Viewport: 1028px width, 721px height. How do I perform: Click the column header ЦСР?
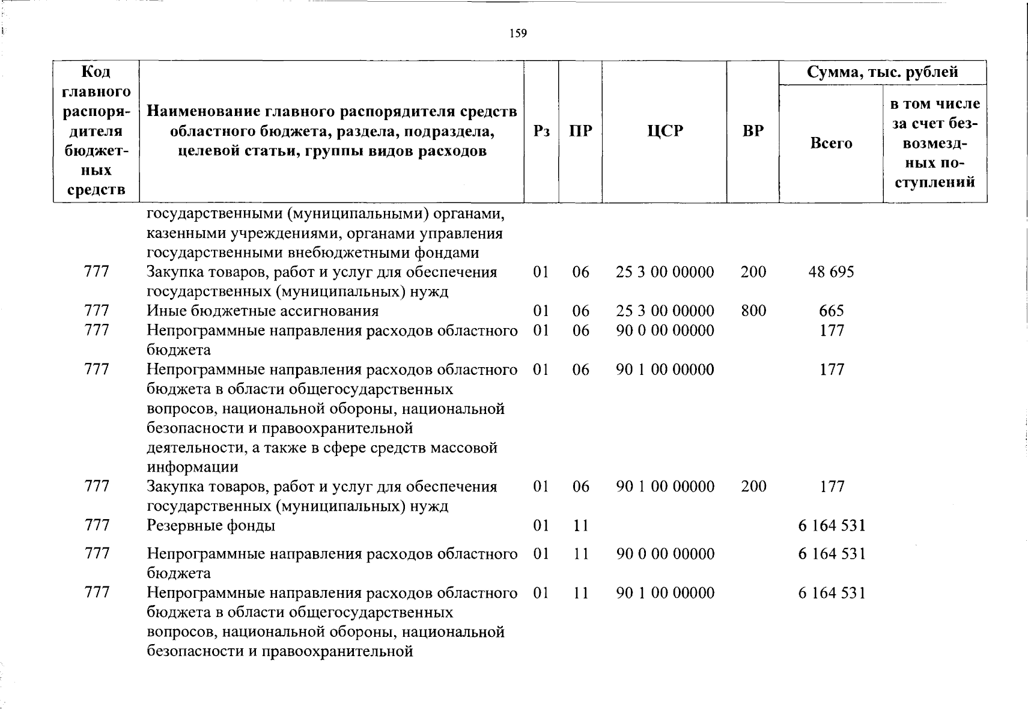click(665, 131)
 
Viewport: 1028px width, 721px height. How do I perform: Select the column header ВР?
click(753, 131)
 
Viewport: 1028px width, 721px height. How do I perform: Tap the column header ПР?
click(580, 131)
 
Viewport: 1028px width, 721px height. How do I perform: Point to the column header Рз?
click(541, 131)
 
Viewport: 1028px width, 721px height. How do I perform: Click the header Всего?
click(831, 143)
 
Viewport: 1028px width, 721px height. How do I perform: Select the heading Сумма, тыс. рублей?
click(882, 73)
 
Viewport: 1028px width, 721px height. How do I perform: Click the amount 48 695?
click(831, 272)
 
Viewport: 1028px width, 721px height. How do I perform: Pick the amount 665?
click(832, 311)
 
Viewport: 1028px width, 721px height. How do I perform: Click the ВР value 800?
click(753, 311)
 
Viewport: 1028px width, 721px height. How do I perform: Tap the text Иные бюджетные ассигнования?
click(263, 311)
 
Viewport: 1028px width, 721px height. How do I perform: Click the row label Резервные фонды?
click(211, 526)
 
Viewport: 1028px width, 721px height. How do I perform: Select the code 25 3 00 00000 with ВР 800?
click(665, 311)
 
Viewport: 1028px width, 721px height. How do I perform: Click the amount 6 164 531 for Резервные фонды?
click(832, 526)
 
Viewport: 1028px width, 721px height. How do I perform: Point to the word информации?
click(192, 467)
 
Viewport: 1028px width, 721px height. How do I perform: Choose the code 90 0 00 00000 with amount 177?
click(665, 330)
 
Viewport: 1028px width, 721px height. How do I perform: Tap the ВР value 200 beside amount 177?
click(753, 486)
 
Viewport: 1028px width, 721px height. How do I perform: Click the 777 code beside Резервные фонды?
click(97, 526)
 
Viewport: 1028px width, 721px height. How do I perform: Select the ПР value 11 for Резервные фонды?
click(580, 526)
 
